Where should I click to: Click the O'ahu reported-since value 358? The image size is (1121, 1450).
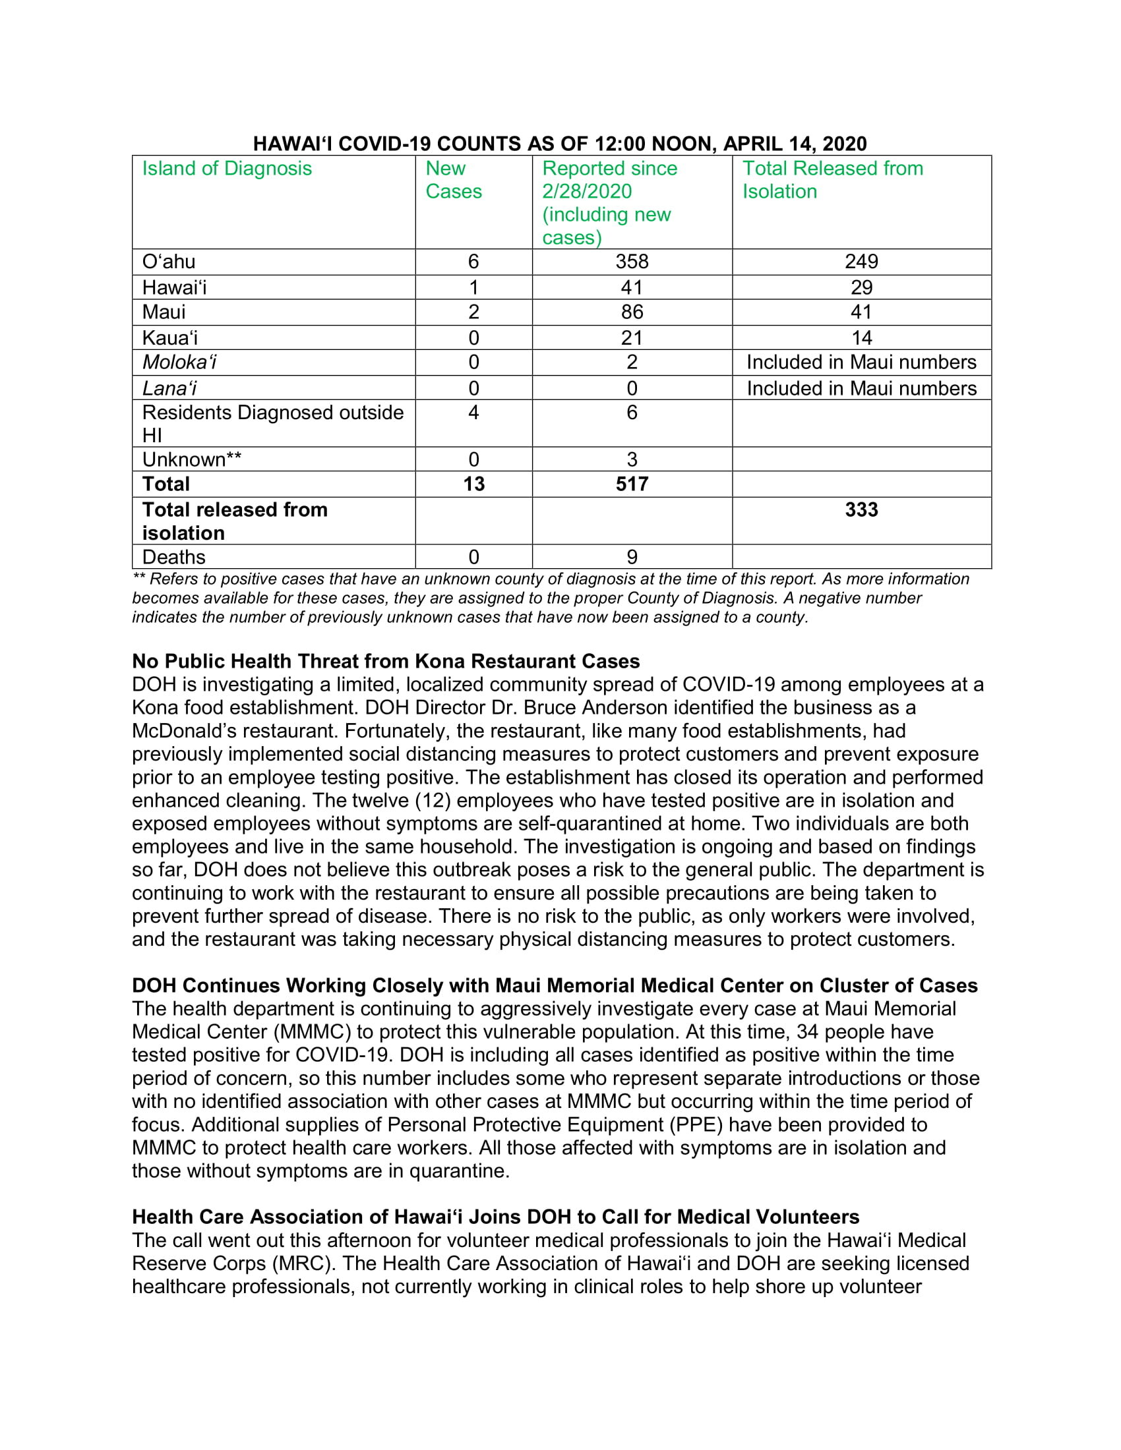click(631, 262)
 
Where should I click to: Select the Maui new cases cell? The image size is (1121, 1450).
click(473, 312)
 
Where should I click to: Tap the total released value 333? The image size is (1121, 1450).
click(861, 510)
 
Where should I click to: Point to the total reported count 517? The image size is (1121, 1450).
click(631, 484)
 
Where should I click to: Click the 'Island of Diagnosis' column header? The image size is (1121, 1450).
click(226, 169)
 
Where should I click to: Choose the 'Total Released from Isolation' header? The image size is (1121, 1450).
click(832, 180)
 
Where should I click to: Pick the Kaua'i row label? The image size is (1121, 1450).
click(169, 338)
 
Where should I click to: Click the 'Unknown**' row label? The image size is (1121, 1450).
click(191, 459)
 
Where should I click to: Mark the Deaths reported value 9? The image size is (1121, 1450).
click(632, 557)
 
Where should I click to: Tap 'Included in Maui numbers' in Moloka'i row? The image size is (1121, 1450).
click(861, 362)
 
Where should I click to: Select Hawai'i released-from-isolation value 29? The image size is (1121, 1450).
click(861, 287)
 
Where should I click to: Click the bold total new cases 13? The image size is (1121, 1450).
click(473, 484)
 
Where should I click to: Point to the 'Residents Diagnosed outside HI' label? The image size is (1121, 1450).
click(272, 424)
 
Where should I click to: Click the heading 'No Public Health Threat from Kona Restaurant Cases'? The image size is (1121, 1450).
click(386, 661)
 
